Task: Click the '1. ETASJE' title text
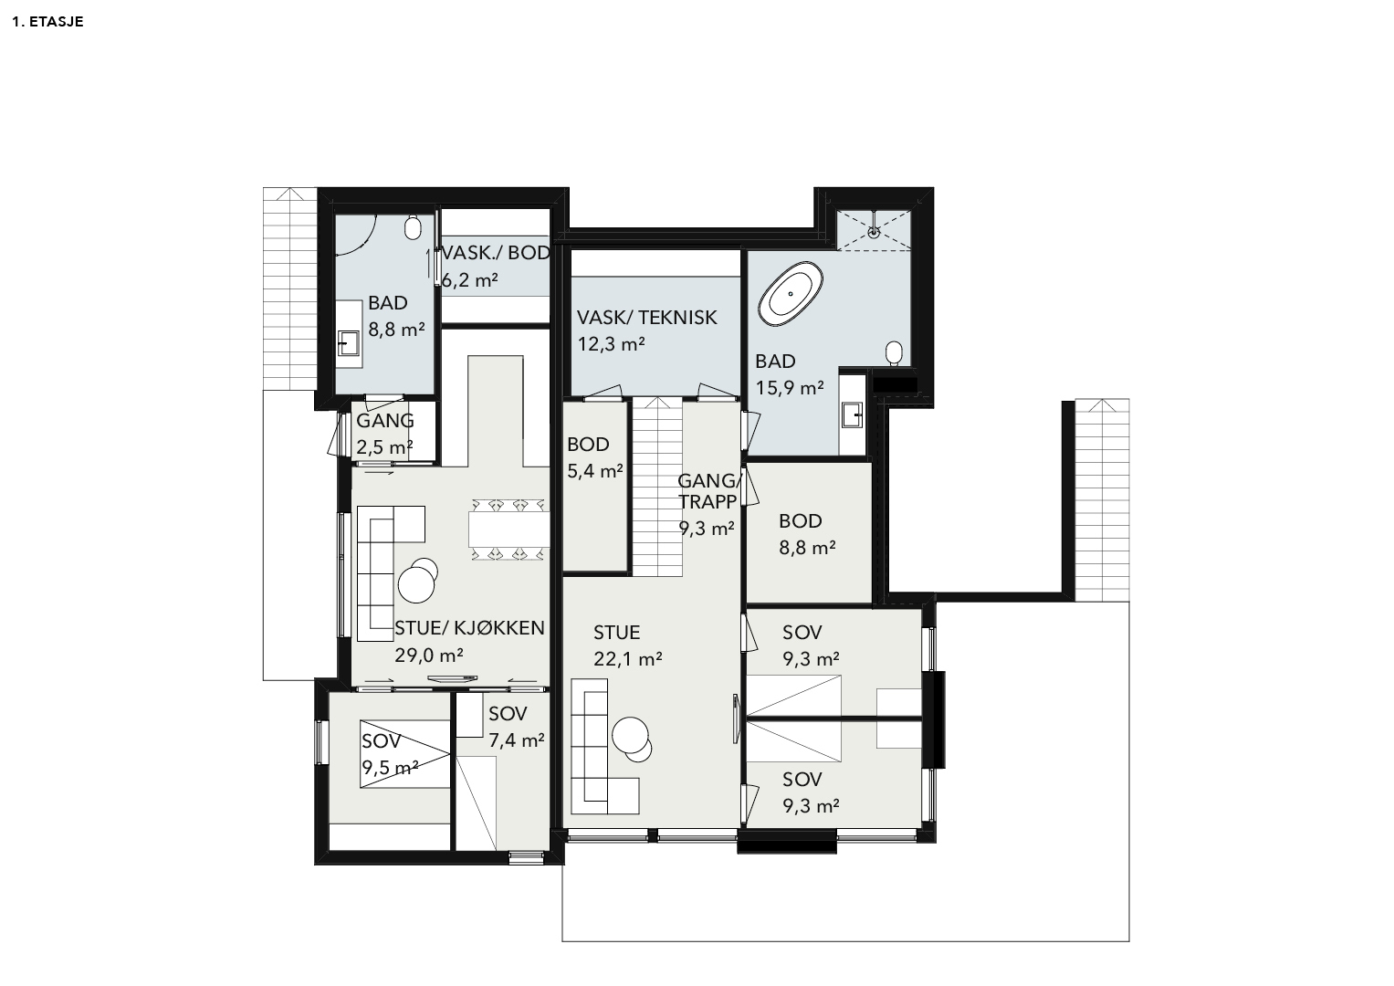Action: pyautogui.click(x=47, y=22)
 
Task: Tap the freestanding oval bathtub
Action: pyautogui.click(x=791, y=293)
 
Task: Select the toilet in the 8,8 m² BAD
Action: pyautogui.click(x=413, y=228)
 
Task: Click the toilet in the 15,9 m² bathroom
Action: pyautogui.click(x=895, y=352)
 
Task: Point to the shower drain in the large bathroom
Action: pyautogui.click(x=875, y=233)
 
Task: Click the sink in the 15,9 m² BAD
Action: pyautogui.click(x=852, y=414)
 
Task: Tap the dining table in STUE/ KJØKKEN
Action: pyautogui.click(x=509, y=530)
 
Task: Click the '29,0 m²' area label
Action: pyautogui.click(x=429, y=655)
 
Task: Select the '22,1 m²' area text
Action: pyautogui.click(x=627, y=658)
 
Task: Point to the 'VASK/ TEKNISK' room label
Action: pyautogui.click(x=646, y=318)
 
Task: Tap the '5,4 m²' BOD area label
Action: pyautogui.click(x=595, y=470)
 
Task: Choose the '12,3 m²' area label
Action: pyautogui.click(x=611, y=343)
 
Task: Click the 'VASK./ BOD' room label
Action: pyautogui.click(x=496, y=253)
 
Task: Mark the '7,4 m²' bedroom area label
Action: pyautogui.click(x=517, y=740)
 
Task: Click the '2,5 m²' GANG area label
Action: pyautogui.click(x=384, y=447)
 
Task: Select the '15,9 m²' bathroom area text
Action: pyautogui.click(x=790, y=388)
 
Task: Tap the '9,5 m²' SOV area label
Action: pyautogui.click(x=390, y=768)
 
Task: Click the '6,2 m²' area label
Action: pyautogui.click(x=470, y=280)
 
